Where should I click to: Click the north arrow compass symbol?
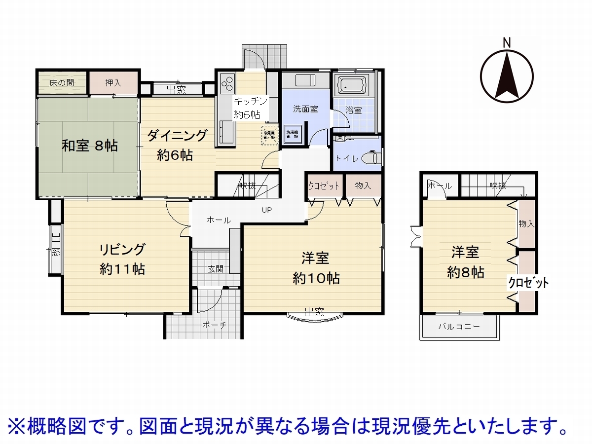click(507, 75)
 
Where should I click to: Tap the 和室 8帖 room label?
click(89, 146)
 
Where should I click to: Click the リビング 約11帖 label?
click(122, 259)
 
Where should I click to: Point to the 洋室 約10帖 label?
click(316, 267)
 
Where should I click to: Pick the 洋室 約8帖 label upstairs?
click(465, 262)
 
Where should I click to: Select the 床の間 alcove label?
click(62, 82)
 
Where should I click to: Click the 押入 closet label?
click(113, 82)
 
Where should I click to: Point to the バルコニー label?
click(459, 327)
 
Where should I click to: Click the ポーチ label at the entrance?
click(214, 325)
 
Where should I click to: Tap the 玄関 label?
click(216, 269)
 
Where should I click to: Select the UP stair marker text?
click(267, 210)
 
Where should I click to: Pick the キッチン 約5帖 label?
click(249, 108)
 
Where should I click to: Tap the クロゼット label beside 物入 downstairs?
click(324, 186)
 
